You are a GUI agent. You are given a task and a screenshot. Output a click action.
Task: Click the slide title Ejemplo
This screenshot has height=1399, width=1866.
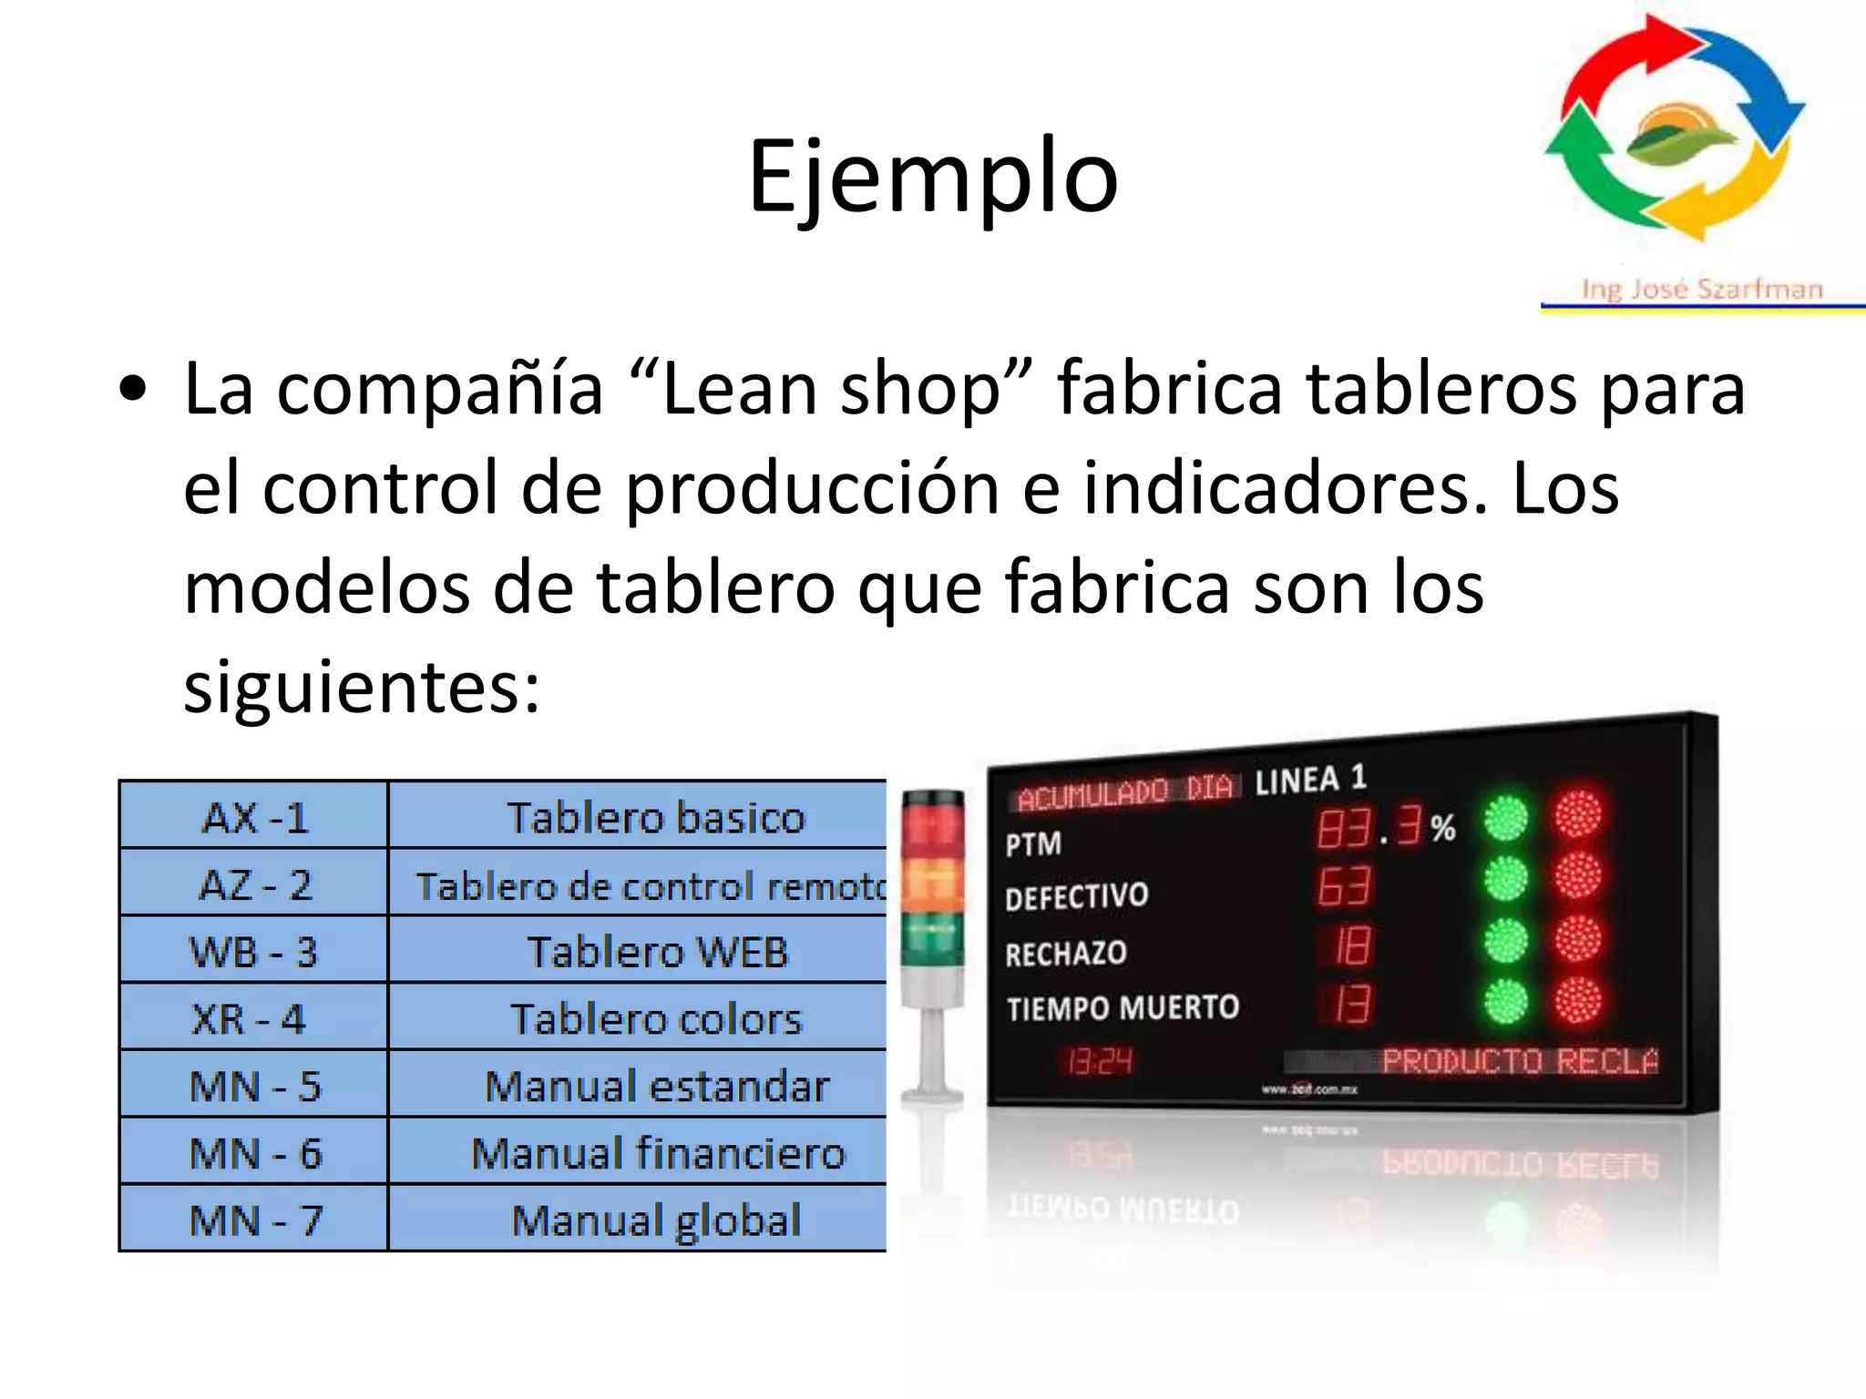pyautogui.click(x=932, y=177)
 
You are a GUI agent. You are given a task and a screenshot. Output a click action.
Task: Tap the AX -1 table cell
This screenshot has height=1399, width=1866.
pyautogui.click(x=255, y=817)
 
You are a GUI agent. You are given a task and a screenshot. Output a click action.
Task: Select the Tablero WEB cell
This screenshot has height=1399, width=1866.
pyautogui.click(x=657, y=952)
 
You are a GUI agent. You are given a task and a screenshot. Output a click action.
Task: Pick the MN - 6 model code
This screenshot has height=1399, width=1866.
pyautogui.click(x=255, y=1153)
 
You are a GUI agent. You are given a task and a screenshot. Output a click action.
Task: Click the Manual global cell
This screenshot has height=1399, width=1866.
pyautogui.click(x=656, y=1220)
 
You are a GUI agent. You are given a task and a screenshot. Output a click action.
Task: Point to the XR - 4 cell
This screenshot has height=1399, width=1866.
pyautogui.click(x=249, y=1019)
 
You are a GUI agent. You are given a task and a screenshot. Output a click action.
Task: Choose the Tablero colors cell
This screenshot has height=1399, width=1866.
pyautogui.click(x=656, y=1019)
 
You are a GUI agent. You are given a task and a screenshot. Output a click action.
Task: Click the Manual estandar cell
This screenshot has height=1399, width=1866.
pyautogui.click(x=656, y=1086)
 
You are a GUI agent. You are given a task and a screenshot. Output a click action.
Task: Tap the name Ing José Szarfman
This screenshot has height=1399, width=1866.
pyautogui.click(x=1702, y=290)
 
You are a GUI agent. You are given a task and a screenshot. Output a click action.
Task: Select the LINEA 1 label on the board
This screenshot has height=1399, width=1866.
pyautogui.click(x=1310, y=780)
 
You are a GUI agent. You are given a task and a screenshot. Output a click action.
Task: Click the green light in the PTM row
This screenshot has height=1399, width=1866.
pyautogui.click(x=1505, y=819)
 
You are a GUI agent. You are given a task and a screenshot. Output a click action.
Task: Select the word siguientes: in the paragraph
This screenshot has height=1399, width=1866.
pyautogui.click(x=362, y=688)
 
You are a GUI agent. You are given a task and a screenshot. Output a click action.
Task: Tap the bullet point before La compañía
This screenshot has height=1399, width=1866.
pyautogui.click(x=134, y=390)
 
